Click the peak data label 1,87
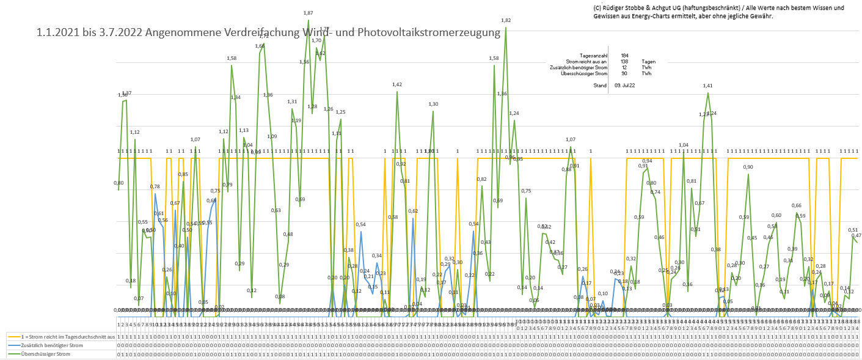[308, 13]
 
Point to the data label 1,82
[505, 20]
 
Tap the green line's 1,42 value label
[397, 84]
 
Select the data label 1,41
[708, 86]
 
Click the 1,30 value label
[433, 105]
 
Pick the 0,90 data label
[748, 167]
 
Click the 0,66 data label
[797, 205]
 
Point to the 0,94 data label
[648, 161]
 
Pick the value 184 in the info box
[624, 56]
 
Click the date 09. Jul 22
[625, 86]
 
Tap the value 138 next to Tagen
[624, 62]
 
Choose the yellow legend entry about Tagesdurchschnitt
[64, 337]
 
